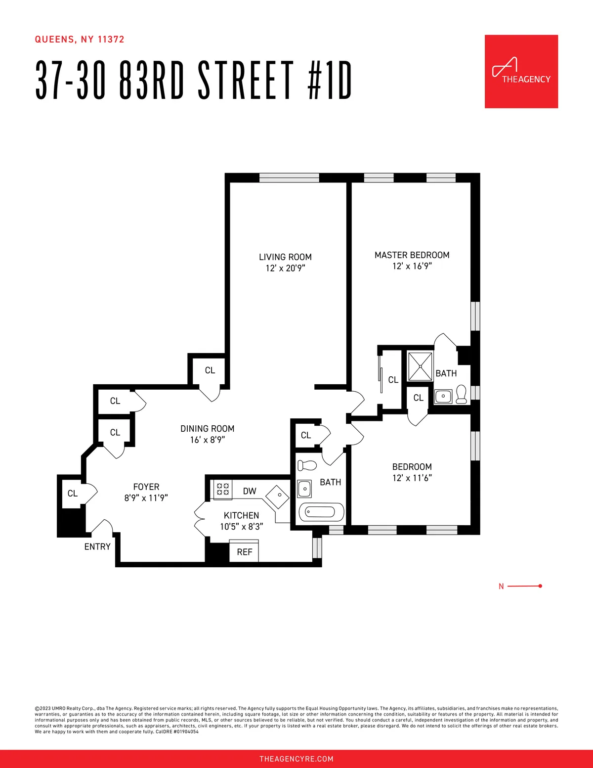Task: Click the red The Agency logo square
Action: pyautogui.click(x=521, y=71)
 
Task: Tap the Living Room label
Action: pyautogui.click(x=285, y=257)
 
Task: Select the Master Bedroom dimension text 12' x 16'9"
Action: pyautogui.click(x=412, y=266)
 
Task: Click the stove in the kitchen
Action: pyautogui.click(x=223, y=489)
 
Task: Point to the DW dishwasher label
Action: pyautogui.click(x=250, y=491)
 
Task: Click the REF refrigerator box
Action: pyautogui.click(x=244, y=552)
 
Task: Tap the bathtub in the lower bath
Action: pyautogui.click(x=321, y=512)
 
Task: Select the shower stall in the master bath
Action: pyautogui.click(x=420, y=366)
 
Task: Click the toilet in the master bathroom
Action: pyautogui.click(x=462, y=394)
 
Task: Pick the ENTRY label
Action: pyautogui.click(x=97, y=546)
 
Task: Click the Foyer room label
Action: pyautogui.click(x=146, y=487)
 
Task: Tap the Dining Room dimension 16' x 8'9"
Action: pyautogui.click(x=208, y=440)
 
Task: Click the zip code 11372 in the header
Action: pyautogui.click(x=111, y=40)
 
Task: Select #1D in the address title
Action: pyautogui.click(x=330, y=80)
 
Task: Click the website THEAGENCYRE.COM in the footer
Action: pyautogui.click(x=296, y=759)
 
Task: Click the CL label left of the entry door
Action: pyautogui.click(x=73, y=494)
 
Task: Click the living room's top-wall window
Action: pyautogui.click(x=289, y=178)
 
